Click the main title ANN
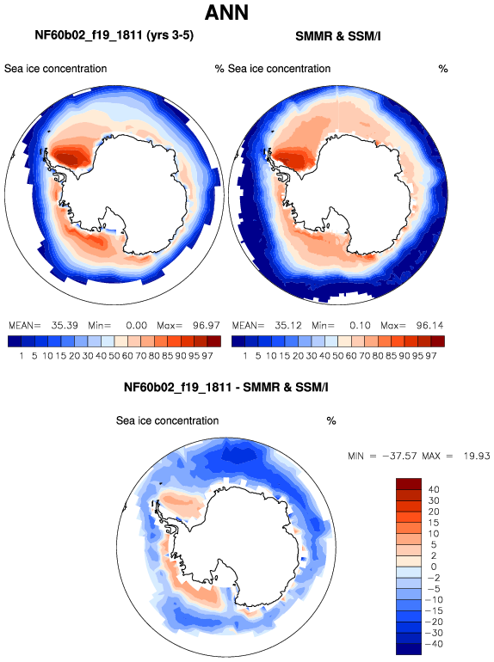(x=226, y=13)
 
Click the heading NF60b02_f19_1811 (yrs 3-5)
(x=114, y=35)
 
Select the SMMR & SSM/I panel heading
(x=338, y=36)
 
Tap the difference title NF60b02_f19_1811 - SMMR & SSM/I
(x=226, y=387)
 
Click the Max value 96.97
(x=207, y=326)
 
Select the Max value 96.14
(x=429, y=326)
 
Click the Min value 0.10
(x=360, y=326)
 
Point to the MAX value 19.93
(x=477, y=456)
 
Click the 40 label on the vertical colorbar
(x=434, y=490)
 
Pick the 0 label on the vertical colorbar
(x=434, y=567)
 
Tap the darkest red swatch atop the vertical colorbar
(x=409, y=484)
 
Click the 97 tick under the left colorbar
(x=207, y=356)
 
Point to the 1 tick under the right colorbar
(x=245, y=356)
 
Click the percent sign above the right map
(x=443, y=69)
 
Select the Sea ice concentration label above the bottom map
(x=167, y=421)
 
